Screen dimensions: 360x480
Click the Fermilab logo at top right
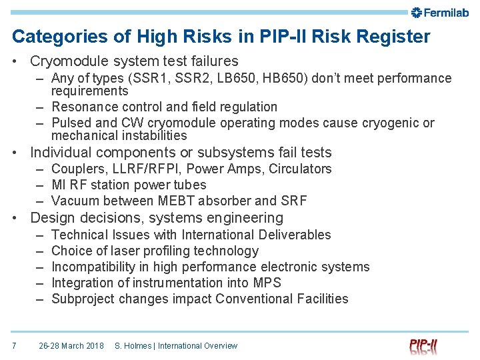click(440, 12)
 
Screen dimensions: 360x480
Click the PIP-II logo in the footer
click(424, 345)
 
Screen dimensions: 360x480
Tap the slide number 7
click(14, 345)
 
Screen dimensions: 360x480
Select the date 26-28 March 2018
click(71, 345)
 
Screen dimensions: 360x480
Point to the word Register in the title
click(392, 37)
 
